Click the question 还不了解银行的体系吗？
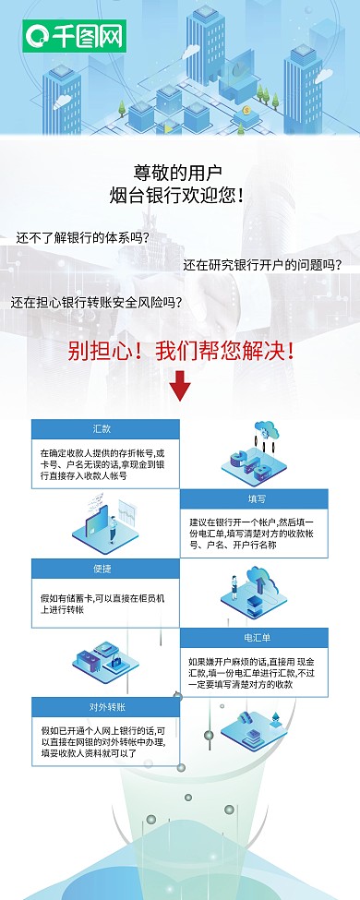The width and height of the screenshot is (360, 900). [82, 236]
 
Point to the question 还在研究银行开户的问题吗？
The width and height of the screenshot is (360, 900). [262, 265]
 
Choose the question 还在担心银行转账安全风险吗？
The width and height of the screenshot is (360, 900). [96, 301]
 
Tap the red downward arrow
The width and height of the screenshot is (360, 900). [180, 386]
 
